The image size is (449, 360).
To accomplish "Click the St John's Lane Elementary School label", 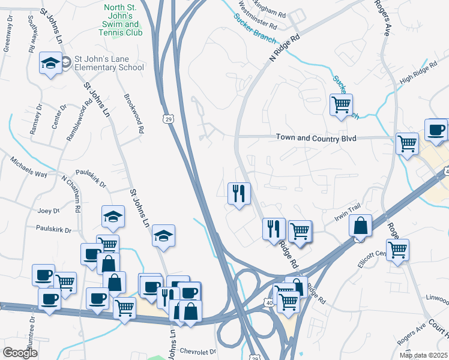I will (109, 63).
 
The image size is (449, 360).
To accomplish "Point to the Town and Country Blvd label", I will (316, 138).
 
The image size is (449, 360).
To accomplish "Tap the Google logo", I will (20, 353).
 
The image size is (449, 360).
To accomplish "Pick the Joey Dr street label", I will (49, 211).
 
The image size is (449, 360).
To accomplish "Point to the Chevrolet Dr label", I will (195, 351).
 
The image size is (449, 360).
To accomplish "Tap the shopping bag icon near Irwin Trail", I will (360, 227).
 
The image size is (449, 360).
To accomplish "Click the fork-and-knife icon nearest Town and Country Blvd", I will (239, 193).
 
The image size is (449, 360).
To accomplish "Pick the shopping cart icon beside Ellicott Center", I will (397, 250).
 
